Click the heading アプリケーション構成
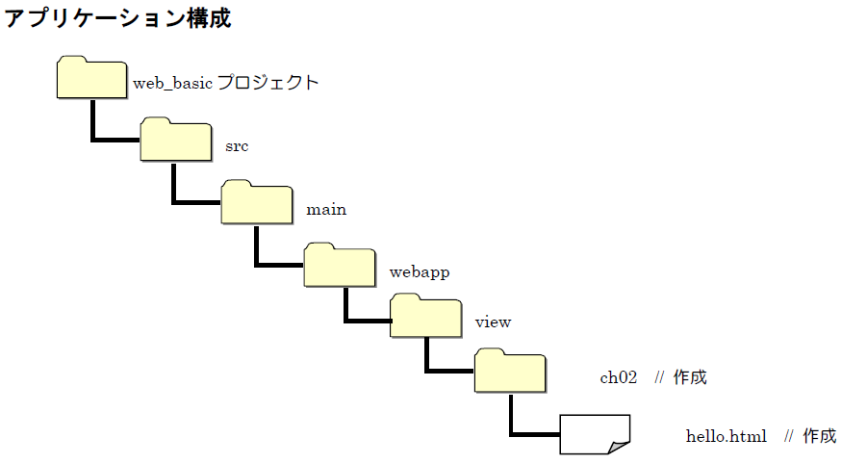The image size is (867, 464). (118, 18)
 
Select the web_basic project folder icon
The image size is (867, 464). (91, 79)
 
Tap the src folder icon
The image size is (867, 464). (175, 141)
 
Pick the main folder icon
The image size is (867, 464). (257, 202)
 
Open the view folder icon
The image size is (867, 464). (425, 316)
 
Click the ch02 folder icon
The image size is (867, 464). (510, 373)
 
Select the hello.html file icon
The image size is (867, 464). (594, 434)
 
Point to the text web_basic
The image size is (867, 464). (172, 84)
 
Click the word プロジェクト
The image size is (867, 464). (268, 83)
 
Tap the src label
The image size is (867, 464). (237, 146)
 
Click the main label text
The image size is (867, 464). (326, 209)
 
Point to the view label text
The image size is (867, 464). (493, 322)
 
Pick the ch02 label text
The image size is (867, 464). (619, 378)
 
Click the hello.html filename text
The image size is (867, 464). (726, 437)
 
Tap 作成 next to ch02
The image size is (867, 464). (690, 377)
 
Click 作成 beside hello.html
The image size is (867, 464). (820, 436)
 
